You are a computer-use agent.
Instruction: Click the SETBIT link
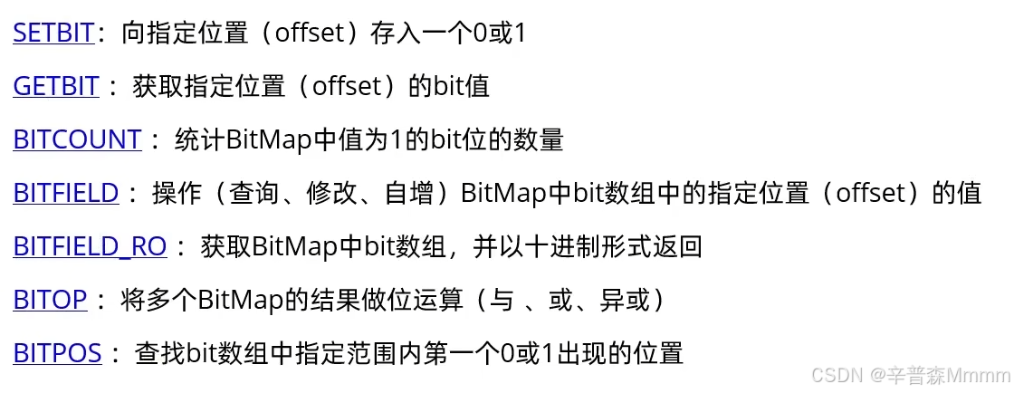click(53, 34)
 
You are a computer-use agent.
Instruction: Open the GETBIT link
click(55, 87)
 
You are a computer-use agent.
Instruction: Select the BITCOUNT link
click(77, 139)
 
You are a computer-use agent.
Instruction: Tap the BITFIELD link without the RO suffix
click(66, 193)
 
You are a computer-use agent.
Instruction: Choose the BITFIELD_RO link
click(90, 246)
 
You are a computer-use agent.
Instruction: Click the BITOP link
click(50, 300)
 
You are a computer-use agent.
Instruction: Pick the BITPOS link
click(57, 353)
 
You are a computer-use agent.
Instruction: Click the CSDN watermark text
click(834, 375)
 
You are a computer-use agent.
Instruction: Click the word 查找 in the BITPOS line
click(160, 353)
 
